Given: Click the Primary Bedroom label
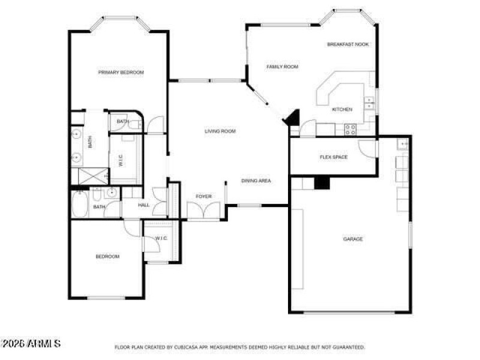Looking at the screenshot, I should coord(121,73).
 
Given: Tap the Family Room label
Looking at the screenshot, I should coord(282,67).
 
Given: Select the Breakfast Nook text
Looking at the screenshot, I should coord(348,44).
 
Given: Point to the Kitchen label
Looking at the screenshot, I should coord(342,109).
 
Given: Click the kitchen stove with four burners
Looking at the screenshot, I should coord(350,129).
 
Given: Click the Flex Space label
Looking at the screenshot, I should coord(333,157).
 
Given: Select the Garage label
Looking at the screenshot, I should coord(353,239).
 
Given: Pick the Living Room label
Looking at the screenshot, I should coord(220,131).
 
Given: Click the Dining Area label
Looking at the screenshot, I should coord(256,181).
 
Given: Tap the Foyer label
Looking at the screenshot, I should coord(203,196).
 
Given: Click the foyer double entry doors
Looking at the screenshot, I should coord(203,211).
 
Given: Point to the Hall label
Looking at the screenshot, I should coord(144,205).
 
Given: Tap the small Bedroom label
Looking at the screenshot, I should coord(107,257).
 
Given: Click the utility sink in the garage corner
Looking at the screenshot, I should coord(403,144).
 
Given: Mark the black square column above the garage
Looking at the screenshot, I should coord(322,182).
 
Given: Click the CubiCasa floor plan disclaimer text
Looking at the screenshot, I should coord(240,347).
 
